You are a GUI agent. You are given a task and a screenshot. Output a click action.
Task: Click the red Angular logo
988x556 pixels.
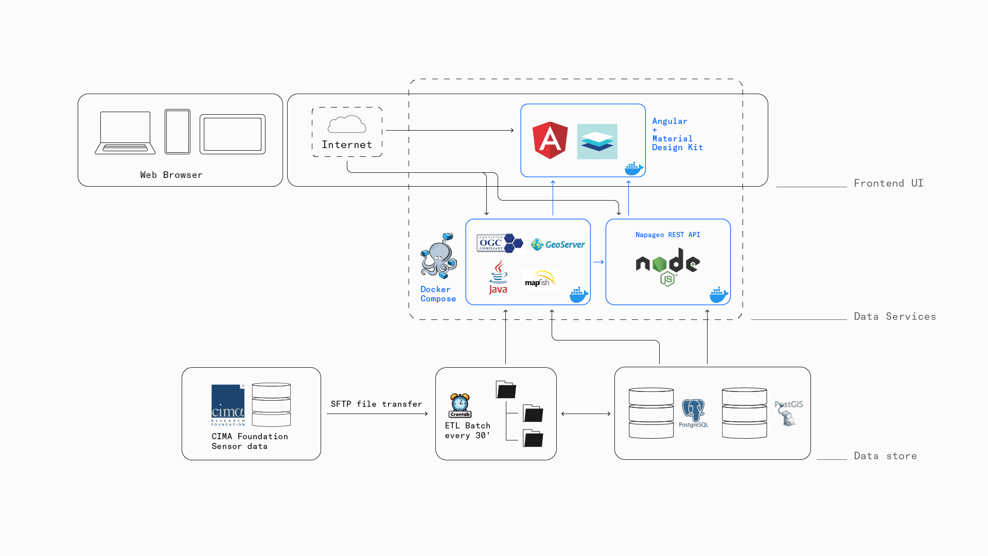click(550, 140)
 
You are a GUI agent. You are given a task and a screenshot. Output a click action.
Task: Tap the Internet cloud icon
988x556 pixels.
click(347, 124)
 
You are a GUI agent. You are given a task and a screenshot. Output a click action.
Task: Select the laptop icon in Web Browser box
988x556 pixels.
click(125, 133)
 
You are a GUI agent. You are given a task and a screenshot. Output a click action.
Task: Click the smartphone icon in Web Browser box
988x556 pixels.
click(178, 132)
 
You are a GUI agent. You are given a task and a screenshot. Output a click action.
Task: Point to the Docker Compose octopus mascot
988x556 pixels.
click(438, 256)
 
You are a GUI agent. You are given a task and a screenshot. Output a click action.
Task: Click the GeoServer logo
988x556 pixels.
click(558, 244)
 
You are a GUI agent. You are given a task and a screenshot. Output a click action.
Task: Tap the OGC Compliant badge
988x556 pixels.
click(499, 243)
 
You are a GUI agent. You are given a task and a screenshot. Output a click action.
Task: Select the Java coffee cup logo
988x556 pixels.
click(498, 277)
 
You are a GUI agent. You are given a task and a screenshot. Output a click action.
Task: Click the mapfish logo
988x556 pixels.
click(540, 279)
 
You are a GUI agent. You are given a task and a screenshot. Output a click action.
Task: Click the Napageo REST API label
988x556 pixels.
click(667, 235)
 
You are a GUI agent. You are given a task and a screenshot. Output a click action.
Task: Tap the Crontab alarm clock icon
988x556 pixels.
click(460, 406)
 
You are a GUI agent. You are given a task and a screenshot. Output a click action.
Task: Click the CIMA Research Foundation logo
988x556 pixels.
click(228, 405)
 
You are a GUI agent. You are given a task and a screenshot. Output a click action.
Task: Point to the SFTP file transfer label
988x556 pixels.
click(376, 404)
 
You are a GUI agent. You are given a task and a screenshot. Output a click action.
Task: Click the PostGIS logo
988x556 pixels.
click(788, 413)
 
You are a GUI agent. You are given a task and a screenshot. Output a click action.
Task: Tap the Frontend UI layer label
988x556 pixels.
click(888, 184)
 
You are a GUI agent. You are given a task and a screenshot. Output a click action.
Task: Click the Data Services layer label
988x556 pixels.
click(894, 317)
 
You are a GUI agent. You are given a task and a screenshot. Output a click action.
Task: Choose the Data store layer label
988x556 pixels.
click(885, 456)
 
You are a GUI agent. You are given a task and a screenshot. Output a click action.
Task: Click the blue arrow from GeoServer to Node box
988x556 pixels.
click(598, 262)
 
